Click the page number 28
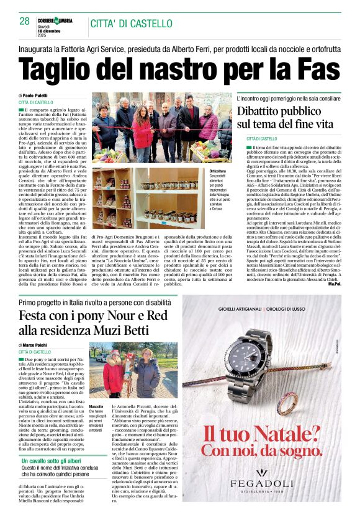(x=24, y=21)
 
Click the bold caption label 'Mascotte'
(x=96, y=406)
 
